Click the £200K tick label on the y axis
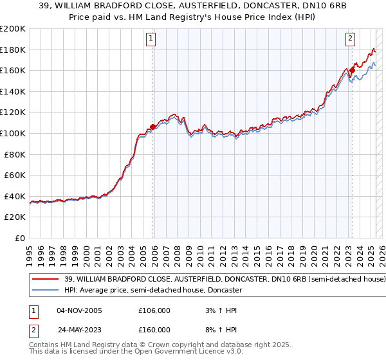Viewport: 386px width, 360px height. click(x=13, y=29)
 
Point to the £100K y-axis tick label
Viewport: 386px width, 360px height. click(x=13, y=133)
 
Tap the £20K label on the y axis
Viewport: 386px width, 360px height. click(x=15, y=217)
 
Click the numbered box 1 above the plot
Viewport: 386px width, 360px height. click(x=151, y=39)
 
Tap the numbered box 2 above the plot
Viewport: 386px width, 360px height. click(x=351, y=39)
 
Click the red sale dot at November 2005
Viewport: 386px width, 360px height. click(x=152, y=127)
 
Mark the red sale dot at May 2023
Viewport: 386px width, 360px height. click(x=352, y=71)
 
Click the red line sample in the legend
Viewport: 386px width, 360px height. click(x=45, y=280)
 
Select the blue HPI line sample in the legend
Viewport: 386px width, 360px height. click(x=45, y=290)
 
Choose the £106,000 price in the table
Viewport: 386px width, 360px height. click(x=154, y=310)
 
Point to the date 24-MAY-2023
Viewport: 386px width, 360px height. click(x=81, y=329)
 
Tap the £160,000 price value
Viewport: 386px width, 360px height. click(x=154, y=329)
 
